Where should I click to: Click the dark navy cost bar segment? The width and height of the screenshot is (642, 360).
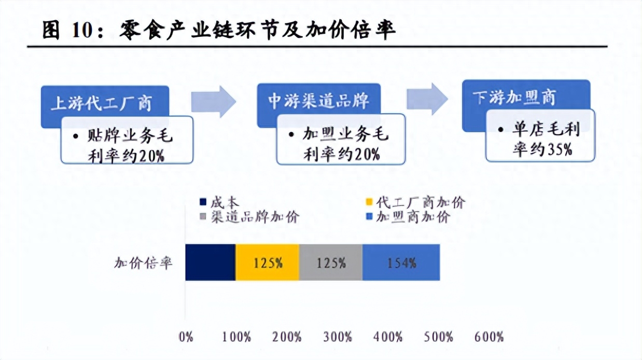click(x=211, y=262)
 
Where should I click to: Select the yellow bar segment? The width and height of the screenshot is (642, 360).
click(x=268, y=262)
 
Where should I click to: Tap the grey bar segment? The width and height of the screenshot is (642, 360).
click(x=331, y=262)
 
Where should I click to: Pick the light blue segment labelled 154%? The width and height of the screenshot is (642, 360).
click(x=401, y=262)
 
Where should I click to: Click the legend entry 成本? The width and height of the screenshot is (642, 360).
click(x=219, y=202)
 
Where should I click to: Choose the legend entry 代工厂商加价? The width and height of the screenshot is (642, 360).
click(x=416, y=202)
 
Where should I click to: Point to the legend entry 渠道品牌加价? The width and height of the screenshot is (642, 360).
click(x=249, y=217)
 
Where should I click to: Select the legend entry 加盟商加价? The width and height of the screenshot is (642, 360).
click(x=408, y=217)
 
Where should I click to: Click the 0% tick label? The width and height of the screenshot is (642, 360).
click(x=186, y=337)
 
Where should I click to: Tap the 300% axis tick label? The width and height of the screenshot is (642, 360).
click(x=338, y=337)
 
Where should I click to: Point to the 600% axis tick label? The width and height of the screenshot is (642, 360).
click(x=489, y=337)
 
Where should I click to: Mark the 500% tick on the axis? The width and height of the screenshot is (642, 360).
click(x=439, y=337)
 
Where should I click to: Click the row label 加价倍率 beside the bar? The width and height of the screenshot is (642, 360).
click(x=143, y=262)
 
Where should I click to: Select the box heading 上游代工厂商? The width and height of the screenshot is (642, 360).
click(x=102, y=103)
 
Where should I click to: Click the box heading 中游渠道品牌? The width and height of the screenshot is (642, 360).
click(x=318, y=101)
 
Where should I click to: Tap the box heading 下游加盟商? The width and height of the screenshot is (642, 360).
click(x=514, y=97)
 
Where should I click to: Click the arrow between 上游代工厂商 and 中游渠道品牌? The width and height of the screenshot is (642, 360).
click(x=214, y=102)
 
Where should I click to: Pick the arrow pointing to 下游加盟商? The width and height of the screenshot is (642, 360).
click(x=427, y=99)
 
